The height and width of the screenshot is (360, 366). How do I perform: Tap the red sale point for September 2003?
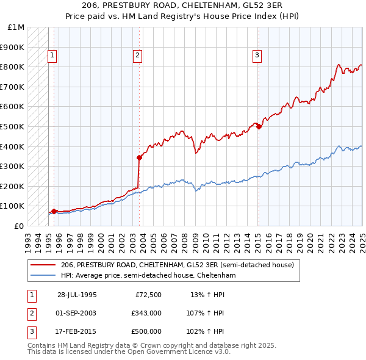click(x=139, y=157)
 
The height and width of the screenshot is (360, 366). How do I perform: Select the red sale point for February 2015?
click(x=259, y=126)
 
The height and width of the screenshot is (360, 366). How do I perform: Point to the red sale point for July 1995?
click(x=54, y=211)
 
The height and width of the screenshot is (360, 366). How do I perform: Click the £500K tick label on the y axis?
click(x=13, y=126)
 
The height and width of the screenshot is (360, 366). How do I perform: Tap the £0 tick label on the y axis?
click(x=19, y=226)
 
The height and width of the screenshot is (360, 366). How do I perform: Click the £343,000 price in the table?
click(x=146, y=313)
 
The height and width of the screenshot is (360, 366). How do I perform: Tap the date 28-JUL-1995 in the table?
click(x=77, y=295)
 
